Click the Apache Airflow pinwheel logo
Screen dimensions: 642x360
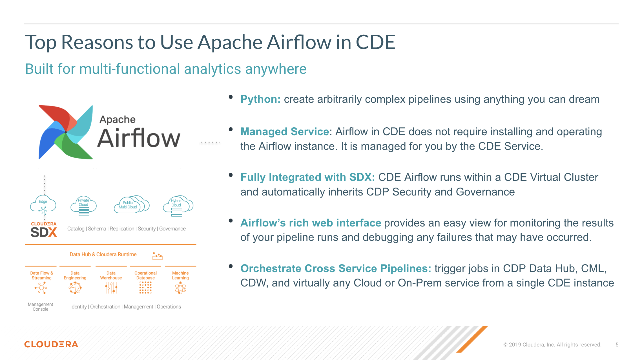click(66, 132)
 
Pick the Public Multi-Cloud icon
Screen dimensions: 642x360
click(132, 204)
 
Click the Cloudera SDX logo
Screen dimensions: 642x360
click(44, 229)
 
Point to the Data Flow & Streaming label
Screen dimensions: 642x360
click(42, 275)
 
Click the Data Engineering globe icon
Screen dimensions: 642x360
click(75, 288)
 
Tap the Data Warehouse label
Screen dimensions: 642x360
click(111, 275)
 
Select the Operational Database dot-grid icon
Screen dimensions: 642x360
click(145, 288)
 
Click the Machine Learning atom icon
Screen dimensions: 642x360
click(181, 288)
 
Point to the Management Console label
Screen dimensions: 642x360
click(41, 307)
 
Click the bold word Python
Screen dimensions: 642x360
click(260, 99)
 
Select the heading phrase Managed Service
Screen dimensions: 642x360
click(285, 132)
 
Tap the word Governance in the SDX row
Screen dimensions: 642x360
click(172, 229)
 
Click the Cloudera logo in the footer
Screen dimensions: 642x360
click(51, 344)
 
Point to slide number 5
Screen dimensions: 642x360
click(617, 345)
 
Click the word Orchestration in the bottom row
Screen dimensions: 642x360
click(105, 307)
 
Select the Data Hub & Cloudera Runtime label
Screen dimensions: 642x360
click(103, 254)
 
